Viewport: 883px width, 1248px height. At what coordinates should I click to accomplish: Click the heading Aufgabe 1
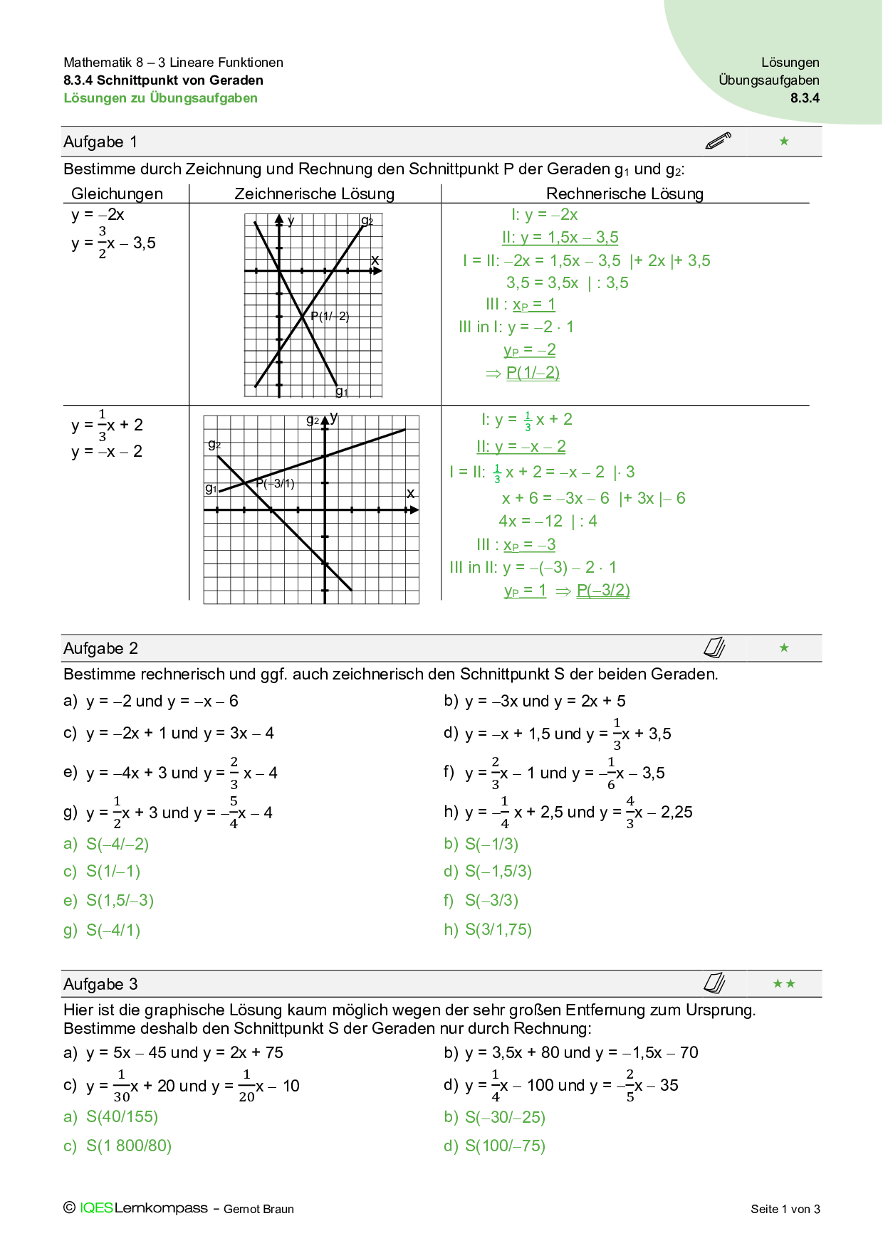click(x=100, y=142)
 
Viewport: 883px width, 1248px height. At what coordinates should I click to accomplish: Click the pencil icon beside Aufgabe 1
click(x=718, y=140)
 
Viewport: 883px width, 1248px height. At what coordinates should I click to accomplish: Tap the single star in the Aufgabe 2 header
click(x=784, y=647)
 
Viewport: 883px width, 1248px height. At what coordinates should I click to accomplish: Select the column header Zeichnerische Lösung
click(x=314, y=194)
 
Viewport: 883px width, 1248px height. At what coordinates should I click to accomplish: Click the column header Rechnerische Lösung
click(x=625, y=194)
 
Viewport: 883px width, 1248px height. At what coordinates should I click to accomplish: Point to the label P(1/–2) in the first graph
click(x=330, y=317)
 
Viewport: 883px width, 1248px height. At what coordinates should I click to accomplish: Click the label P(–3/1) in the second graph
click(x=275, y=484)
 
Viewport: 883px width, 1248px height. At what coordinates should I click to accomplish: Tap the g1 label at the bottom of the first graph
click(x=342, y=392)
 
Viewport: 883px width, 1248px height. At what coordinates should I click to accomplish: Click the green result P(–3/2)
click(x=603, y=591)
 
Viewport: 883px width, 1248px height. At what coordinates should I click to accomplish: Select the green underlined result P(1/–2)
click(x=533, y=373)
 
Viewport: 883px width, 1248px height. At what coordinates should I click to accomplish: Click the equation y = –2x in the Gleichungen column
click(x=98, y=215)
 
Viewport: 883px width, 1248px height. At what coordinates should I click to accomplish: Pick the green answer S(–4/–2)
click(x=117, y=845)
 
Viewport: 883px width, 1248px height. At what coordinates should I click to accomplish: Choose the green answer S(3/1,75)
click(x=498, y=930)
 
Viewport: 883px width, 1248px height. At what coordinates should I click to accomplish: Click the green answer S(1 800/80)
click(x=129, y=1146)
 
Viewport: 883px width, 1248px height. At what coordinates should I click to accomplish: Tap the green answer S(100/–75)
click(x=506, y=1146)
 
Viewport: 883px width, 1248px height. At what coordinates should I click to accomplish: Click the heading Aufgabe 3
click(x=100, y=985)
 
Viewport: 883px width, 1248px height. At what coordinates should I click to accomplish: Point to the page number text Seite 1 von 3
click(x=785, y=1209)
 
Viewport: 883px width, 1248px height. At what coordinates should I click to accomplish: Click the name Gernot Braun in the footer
click(x=258, y=1209)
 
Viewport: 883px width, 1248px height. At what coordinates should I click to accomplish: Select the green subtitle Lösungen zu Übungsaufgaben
click(x=161, y=98)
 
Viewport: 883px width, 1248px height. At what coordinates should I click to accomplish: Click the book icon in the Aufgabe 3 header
click(x=714, y=983)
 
